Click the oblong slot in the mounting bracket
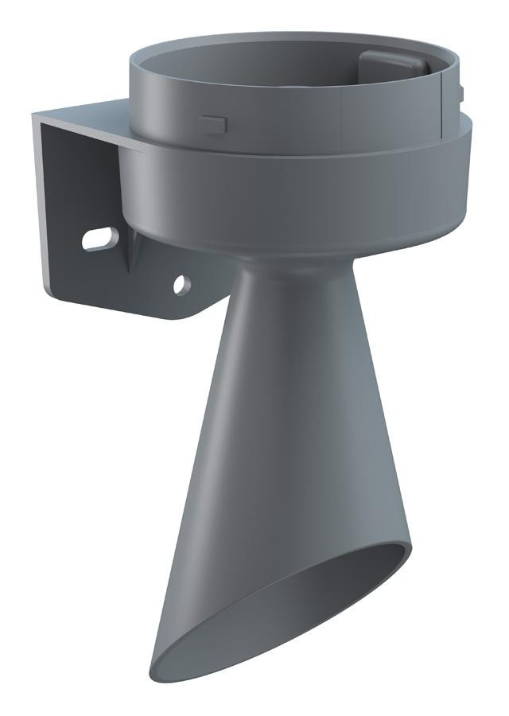point(100,238)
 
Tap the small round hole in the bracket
point(181,282)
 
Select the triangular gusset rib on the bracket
point(130,254)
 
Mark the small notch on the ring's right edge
point(460,94)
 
